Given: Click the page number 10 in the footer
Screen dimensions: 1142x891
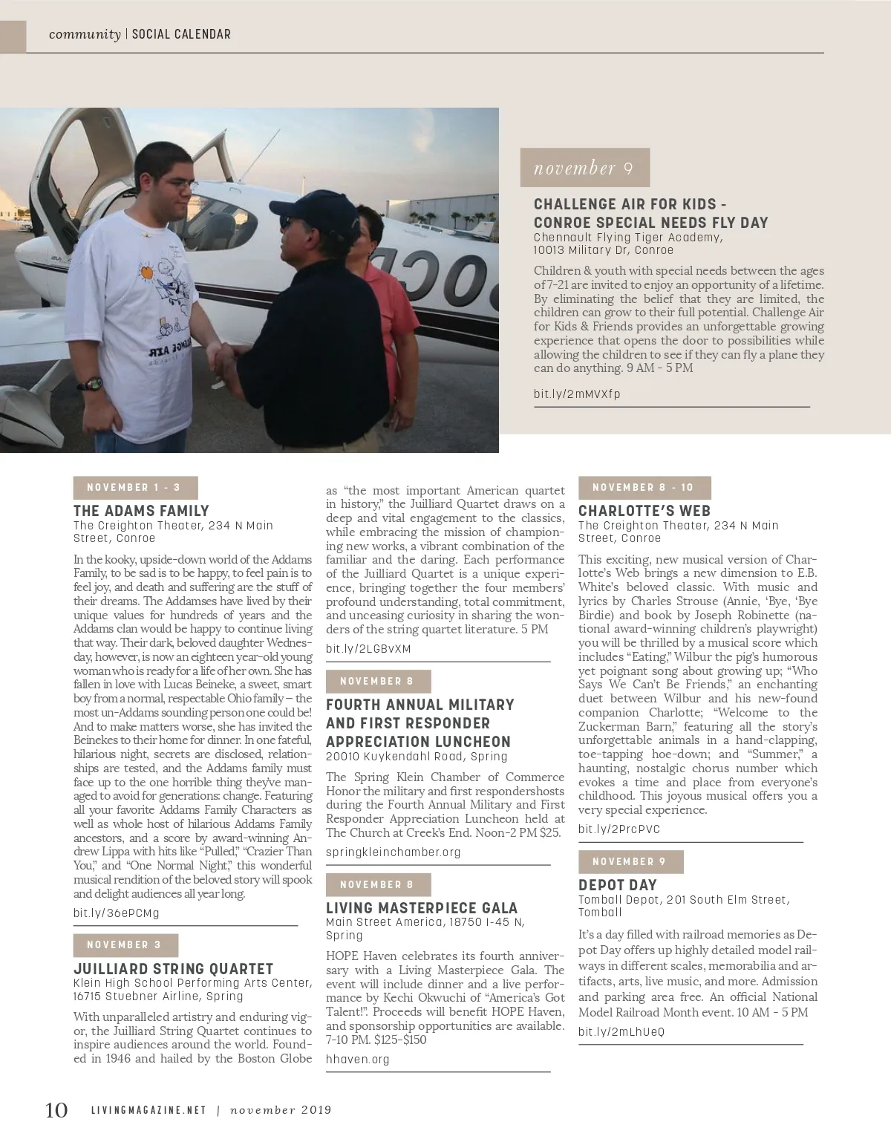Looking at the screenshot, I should click(x=56, y=1110).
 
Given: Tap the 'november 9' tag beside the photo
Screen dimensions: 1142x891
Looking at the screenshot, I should click(x=584, y=168).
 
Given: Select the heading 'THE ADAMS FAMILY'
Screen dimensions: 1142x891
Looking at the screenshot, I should click(x=141, y=510).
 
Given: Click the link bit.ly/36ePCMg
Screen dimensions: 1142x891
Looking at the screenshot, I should click(x=116, y=913).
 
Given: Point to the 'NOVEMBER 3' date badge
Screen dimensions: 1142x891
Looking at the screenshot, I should click(x=125, y=944).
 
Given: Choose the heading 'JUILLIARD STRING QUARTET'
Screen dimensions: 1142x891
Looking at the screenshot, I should click(x=173, y=968).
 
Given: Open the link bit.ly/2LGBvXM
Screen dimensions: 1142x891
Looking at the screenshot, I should click(x=368, y=648).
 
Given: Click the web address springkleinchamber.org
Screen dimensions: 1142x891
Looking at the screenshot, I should click(x=394, y=852).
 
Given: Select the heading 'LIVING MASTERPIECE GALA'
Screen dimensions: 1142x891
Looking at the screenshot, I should click(x=422, y=907).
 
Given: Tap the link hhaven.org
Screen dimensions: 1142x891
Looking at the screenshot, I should click(x=358, y=1059).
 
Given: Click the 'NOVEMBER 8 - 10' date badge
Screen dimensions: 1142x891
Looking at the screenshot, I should click(x=644, y=487).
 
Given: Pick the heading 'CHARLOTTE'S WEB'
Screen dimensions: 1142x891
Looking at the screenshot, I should click(x=644, y=510).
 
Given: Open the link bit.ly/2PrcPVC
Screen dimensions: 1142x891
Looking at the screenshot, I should click(x=619, y=829).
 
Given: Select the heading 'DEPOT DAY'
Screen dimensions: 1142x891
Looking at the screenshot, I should click(x=618, y=884).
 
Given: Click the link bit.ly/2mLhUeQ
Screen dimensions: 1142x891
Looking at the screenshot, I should click(x=621, y=1031).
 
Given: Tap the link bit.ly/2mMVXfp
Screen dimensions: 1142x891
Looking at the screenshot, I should click(x=577, y=394).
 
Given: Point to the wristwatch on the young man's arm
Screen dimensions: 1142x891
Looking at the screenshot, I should click(x=92, y=383).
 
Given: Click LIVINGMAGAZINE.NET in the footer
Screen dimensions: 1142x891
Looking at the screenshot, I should click(x=148, y=1111).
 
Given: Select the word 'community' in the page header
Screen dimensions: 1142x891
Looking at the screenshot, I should click(x=85, y=34).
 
